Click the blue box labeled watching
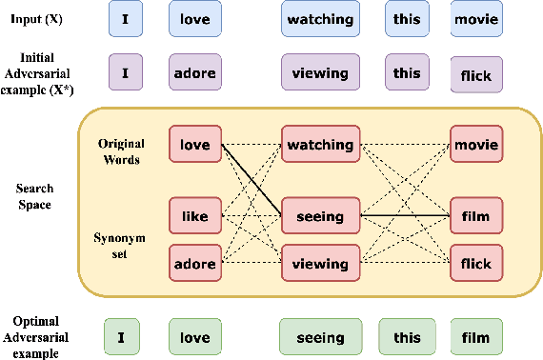[x=320, y=19]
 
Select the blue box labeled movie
[x=476, y=19]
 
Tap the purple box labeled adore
[x=195, y=72]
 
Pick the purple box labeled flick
[x=476, y=75]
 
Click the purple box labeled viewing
[x=320, y=72]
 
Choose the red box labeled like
[x=195, y=216]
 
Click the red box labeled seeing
[x=320, y=216]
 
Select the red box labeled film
[x=476, y=216]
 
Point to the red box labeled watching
[x=320, y=146]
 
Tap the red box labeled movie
[x=476, y=146]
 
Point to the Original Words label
[x=120, y=150]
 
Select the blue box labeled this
[x=407, y=19]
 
